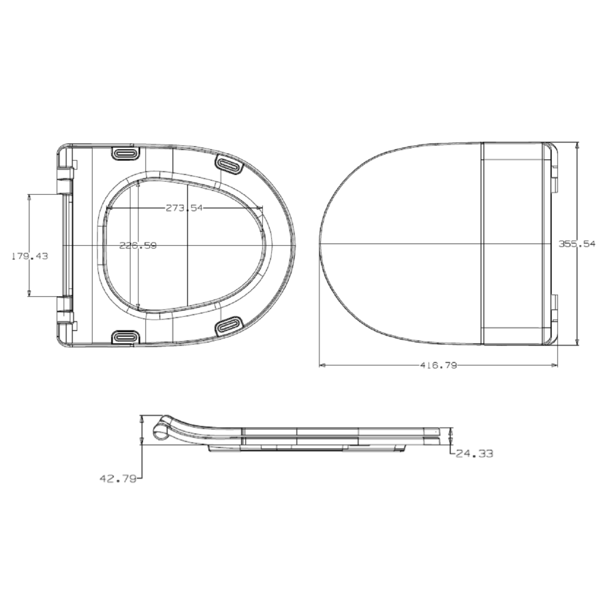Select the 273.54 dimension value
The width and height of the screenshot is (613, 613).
pos(184,208)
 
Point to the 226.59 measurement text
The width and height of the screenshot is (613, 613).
pos(138,246)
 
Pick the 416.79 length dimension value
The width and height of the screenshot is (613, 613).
pos(437,366)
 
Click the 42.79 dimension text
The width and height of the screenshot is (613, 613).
pos(118,479)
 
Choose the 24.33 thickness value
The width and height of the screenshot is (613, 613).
pos(474,453)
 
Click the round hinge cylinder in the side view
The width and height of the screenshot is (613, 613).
pos(159,431)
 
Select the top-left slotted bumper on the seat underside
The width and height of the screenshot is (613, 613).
pos(125,153)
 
